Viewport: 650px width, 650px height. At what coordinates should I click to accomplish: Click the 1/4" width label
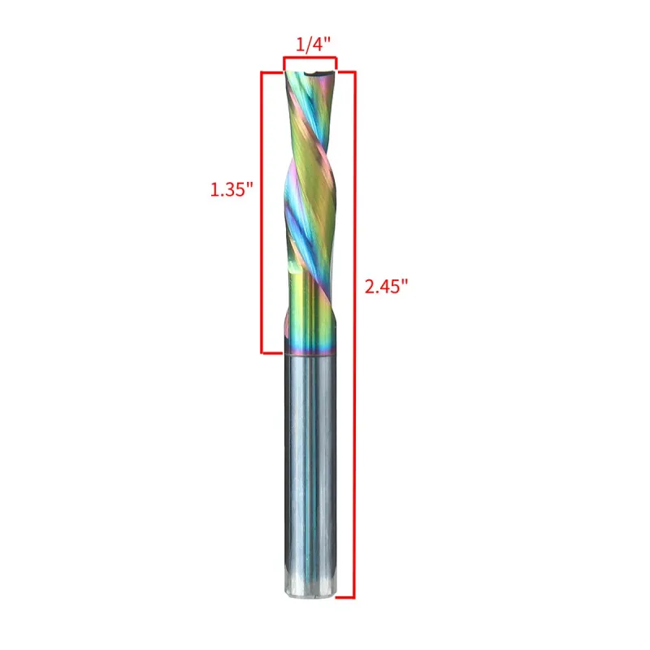pyautogui.click(x=313, y=45)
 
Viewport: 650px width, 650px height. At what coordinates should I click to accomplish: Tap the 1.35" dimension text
pyautogui.click(x=232, y=190)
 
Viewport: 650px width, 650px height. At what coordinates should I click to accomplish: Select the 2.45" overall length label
pyautogui.click(x=387, y=287)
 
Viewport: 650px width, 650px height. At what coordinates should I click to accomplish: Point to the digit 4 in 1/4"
pyautogui.click(x=318, y=45)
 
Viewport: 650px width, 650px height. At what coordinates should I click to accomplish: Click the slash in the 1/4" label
pyautogui.click(x=309, y=45)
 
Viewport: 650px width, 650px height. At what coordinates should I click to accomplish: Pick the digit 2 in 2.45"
pyautogui.click(x=370, y=287)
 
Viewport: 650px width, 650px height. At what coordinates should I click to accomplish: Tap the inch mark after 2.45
pyautogui.click(x=405, y=281)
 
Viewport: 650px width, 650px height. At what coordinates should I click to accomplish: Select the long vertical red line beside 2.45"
pyautogui.click(x=355, y=335)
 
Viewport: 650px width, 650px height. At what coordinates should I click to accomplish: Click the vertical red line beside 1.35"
pyautogui.click(x=262, y=213)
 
